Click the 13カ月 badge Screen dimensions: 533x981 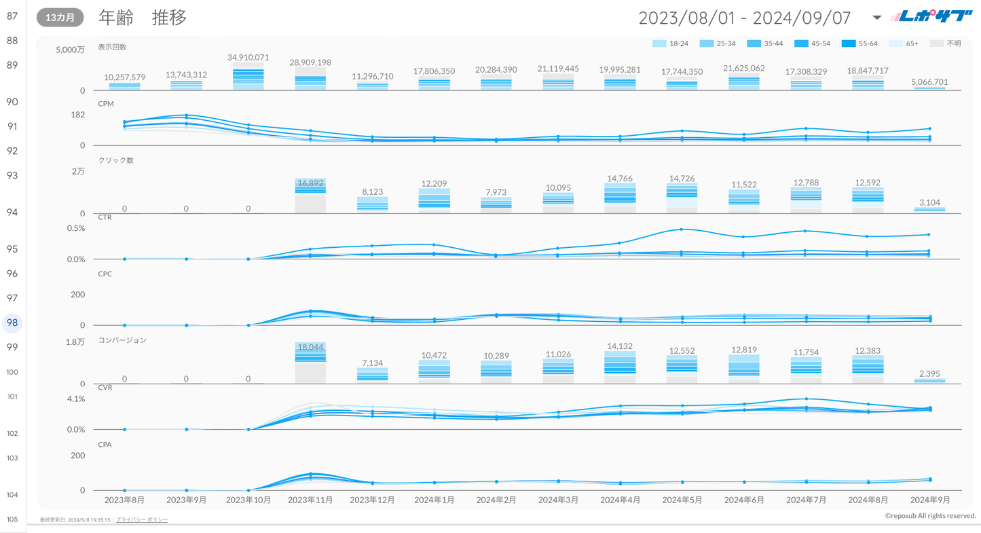[x=60, y=18]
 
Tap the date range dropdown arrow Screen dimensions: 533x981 [x=876, y=18]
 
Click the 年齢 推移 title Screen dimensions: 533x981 [x=143, y=18]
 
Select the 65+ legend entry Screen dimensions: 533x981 [x=906, y=43]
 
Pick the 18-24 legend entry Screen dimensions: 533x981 [x=670, y=43]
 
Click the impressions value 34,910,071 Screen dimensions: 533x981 [x=248, y=58]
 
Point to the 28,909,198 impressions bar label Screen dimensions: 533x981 [x=310, y=62]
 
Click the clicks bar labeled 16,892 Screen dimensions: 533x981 [x=310, y=196]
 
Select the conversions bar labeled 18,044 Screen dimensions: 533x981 [x=310, y=363]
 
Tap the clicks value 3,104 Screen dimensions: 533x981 [x=929, y=202]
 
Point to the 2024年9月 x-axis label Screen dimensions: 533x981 [x=929, y=500]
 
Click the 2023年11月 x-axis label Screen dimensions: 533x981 [x=310, y=500]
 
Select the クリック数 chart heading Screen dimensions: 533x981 [x=116, y=160]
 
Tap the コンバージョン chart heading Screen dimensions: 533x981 [x=122, y=339]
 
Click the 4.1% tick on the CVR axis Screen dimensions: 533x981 [x=76, y=399]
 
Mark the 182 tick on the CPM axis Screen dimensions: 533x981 [x=78, y=115]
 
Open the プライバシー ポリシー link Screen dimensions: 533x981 [x=142, y=520]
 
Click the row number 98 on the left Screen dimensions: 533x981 [x=12, y=323]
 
